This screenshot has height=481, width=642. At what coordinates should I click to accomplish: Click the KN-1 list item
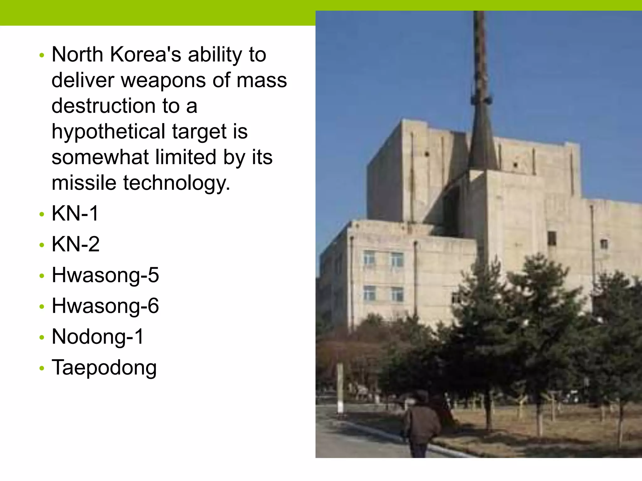tap(75, 214)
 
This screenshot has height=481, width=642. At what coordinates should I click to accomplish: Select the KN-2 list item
tap(76, 244)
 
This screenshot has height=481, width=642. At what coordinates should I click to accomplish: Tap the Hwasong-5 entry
tap(105, 275)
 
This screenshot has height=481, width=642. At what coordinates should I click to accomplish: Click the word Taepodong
tap(104, 368)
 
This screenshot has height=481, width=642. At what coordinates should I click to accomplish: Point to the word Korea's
tap(146, 54)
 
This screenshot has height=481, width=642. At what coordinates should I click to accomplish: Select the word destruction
tap(103, 106)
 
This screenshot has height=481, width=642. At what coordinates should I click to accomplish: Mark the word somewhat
tap(100, 157)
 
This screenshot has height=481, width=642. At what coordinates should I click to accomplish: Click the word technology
tap(176, 183)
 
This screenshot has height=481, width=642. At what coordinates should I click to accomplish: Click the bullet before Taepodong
tap(42, 369)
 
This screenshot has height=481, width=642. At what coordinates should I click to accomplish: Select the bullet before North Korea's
tap(42, 56)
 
